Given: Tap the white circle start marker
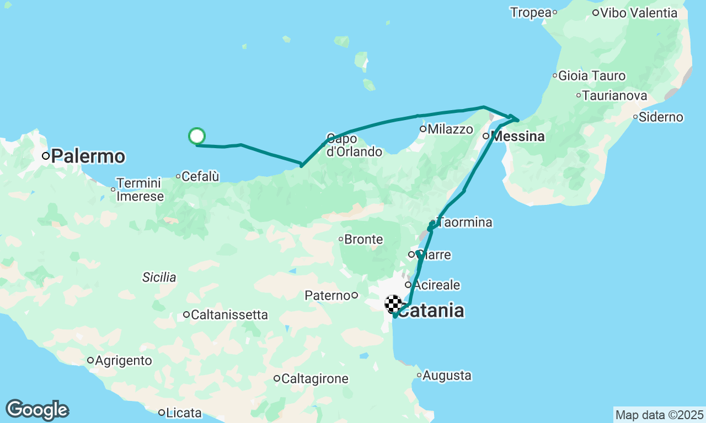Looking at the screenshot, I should [197, 135].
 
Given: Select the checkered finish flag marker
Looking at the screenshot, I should [393, 303].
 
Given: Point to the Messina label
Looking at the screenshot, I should [518, 136].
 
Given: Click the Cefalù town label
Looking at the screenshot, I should [200, 176].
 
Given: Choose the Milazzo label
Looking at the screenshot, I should [450, 129].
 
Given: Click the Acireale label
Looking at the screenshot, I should [436, 285].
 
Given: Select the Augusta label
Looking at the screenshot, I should [447, 376].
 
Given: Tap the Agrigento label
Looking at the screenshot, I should [123, 361].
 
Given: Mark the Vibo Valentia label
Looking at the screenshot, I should [638, 13].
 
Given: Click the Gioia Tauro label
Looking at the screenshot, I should [592, 75].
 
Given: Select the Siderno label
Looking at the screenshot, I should [661, 117].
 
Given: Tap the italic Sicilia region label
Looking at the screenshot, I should [159, 277].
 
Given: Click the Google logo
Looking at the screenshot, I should [37, 410].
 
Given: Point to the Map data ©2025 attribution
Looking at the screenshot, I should [659, 415].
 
